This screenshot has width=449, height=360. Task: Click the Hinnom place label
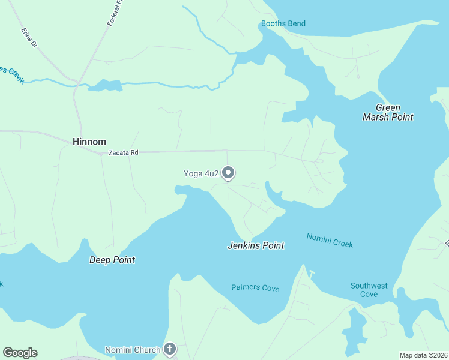click(x=89, y=142)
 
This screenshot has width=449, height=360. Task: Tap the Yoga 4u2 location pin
click(x=228, y=173)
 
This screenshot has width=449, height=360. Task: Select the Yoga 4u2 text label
click(x=201, y=174)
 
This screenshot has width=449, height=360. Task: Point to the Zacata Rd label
click(x=124, y=153)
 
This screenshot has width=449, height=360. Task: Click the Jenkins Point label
click(x=256, y=245)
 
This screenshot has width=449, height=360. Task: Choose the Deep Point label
click(x=112, y=260)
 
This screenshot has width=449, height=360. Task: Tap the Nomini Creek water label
click(x=330, y=240)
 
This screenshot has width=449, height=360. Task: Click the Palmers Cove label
click(x=255, y=288)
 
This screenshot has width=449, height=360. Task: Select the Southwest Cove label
click(x=369, y=290)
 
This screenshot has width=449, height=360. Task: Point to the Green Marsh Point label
click(x=388, y=112)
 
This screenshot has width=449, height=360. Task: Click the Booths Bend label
click(x=283, y=24)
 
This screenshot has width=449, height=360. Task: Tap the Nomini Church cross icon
click(x=170, y=349)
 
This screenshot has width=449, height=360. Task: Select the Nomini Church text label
click(x=133, y=350)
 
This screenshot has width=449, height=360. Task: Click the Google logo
click(x=20, y=353)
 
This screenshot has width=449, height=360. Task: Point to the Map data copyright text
click(x=423, y=355)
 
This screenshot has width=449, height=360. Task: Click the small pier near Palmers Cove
click(x=310, y=274)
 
